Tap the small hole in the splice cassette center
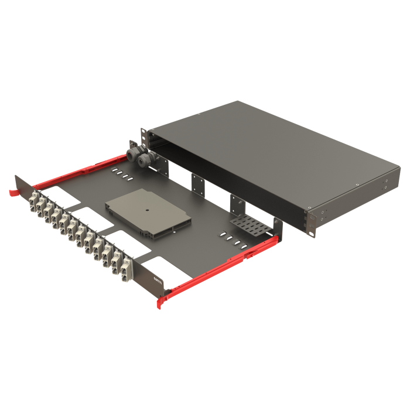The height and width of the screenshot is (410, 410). pos(148,208)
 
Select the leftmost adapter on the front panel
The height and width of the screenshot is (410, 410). pos(32,201)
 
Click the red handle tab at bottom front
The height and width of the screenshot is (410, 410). pos(162,302)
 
